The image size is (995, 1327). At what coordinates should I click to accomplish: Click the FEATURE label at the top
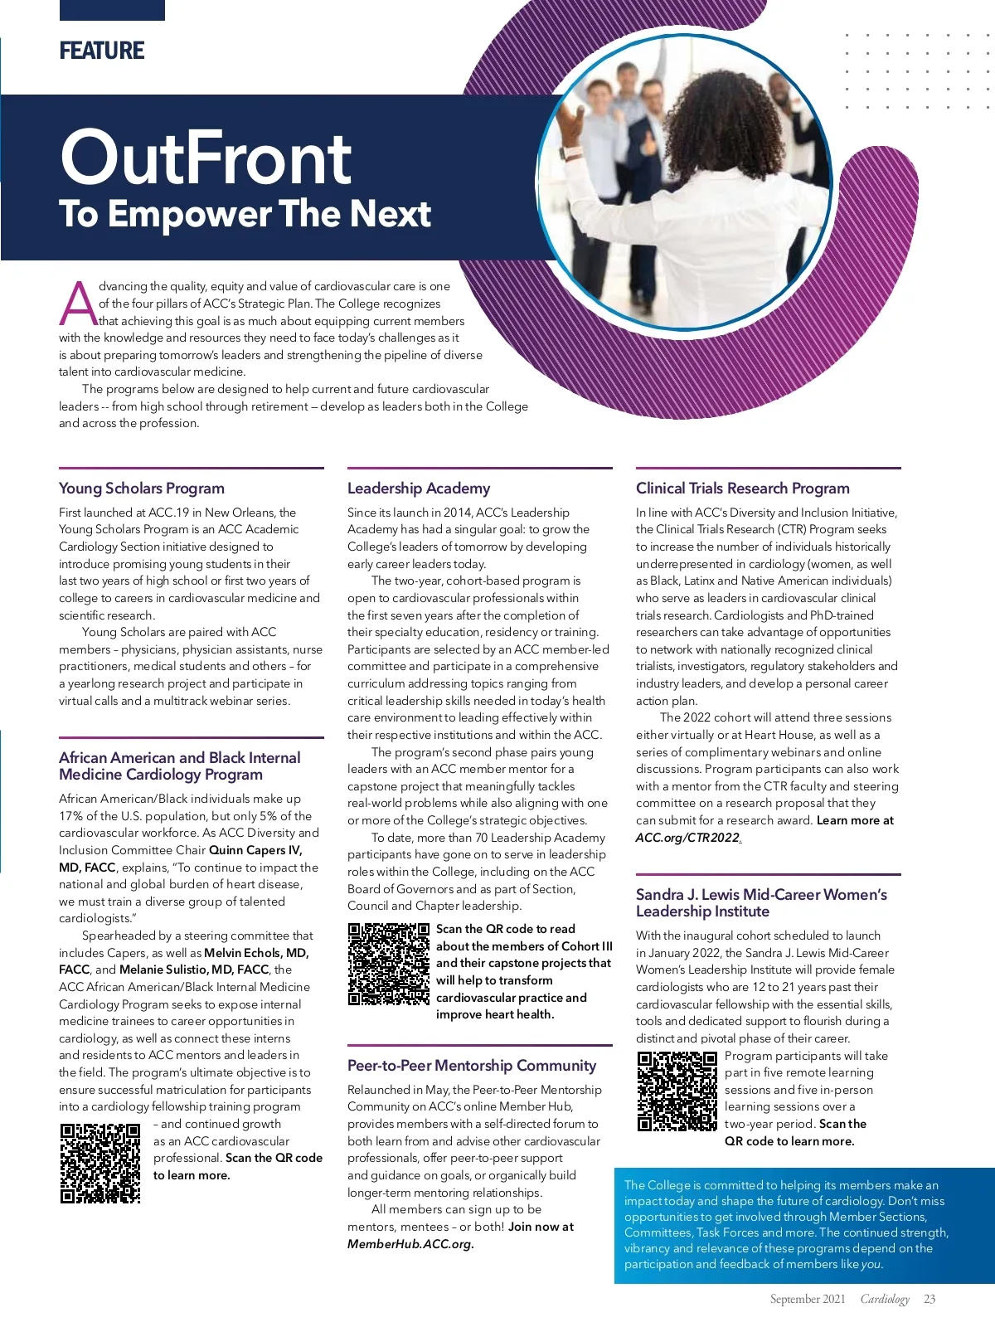click(x=102, y=51)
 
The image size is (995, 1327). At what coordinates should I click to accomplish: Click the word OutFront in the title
click(x=206, y=158)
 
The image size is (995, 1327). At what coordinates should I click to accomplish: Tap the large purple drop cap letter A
click(x=78, y=304)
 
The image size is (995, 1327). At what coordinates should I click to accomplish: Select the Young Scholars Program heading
click(x=142, y=489)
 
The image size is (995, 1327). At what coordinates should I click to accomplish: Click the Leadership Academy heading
click(x=419, y=489)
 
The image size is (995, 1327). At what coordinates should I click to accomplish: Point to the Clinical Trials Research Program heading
click(x=742, y=489)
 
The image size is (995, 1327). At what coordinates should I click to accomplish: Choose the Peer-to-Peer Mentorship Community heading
click(x=472, y=1066)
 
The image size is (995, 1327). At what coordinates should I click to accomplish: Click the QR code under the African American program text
click(x=100, y=1163)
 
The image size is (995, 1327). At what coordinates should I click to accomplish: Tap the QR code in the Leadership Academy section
click(x=389, y=964)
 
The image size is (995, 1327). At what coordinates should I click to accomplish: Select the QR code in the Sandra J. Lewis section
click(x=677, y=1091)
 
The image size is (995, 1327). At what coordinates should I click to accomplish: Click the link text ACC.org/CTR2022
click(x=687, y=838)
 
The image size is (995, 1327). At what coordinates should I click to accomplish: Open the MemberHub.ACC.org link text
click(x=410, y=1244)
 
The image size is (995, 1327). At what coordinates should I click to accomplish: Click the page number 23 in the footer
click(x=929, y=1300)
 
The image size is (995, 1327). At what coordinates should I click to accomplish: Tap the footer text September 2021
click(x=807, y=1300)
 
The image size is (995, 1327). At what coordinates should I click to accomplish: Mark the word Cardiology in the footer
click(x=885, y=1300)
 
